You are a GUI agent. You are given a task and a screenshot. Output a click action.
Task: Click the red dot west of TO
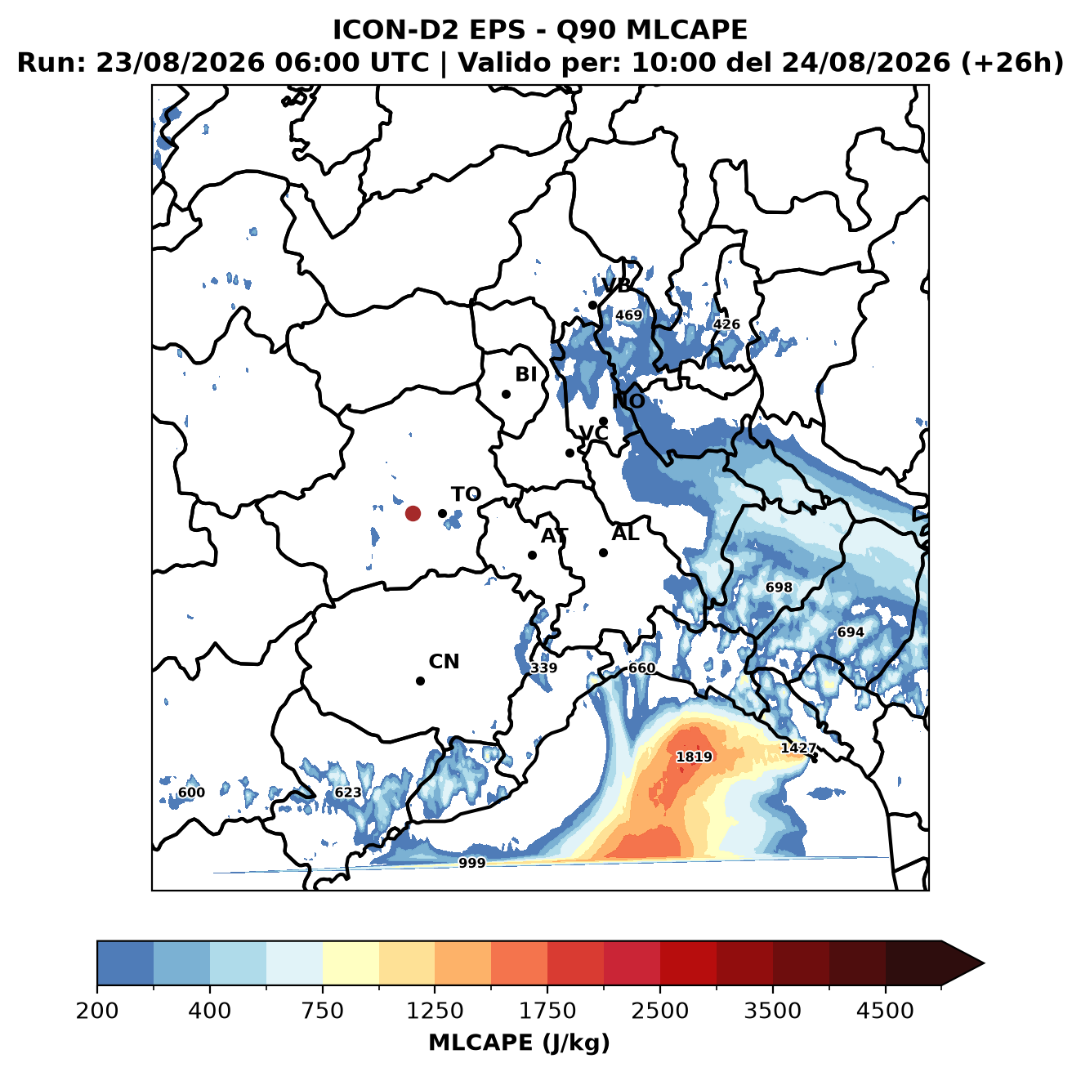tap(413, 513)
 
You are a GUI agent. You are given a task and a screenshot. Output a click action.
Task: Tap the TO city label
tap(467, 494)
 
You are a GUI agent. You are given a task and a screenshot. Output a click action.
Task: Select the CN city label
tap(444, 662)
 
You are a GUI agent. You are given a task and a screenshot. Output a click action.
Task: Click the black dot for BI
tap(506, 395)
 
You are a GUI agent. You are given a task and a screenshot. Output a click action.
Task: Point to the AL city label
tap(626, 533)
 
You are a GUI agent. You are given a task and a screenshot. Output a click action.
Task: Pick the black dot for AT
tap(532, 555)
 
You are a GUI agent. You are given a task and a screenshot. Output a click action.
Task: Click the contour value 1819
tap(694, 757)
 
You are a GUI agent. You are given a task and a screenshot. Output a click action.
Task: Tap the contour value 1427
tap(798, 748)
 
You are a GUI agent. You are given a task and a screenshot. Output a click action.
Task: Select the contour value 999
tap(471, 864)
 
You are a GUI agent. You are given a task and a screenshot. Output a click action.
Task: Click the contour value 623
tap(348, 793)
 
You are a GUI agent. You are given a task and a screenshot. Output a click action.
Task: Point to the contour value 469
tap(628, 315)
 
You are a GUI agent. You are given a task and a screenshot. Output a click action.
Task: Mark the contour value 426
tap(726, 324)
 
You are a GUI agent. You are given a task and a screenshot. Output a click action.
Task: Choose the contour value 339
tap(543, 668)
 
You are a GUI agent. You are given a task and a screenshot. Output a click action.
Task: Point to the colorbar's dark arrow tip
tap(984, 963)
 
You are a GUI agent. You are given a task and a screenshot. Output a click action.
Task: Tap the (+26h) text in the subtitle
tap(1012, 63)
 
